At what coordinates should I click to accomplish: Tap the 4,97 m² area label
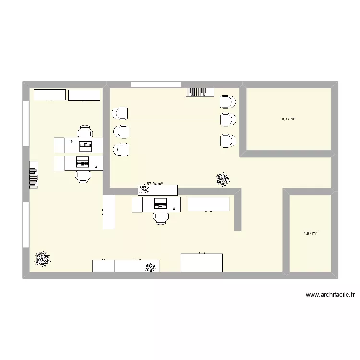coord(311,234)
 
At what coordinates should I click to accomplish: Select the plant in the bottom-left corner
coord(43,259)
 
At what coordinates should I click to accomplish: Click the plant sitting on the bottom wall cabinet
coord(150,266)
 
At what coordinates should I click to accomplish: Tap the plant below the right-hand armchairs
coord(222,180)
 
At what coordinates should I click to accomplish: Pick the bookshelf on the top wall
coord(200,92)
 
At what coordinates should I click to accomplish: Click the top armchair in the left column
coord(120,113)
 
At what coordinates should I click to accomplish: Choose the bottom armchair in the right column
coord(228,141)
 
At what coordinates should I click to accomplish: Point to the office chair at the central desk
coord(161,218)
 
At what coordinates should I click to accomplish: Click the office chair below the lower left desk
coord(84,176)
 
